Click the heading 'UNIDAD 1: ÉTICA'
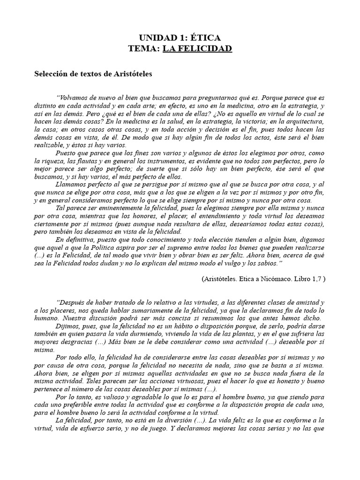(x=180, y=38)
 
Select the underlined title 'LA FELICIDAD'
(x=197, y=49)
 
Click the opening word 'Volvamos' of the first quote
(x=74, y=97)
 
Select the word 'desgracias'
(x=59, y=342)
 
